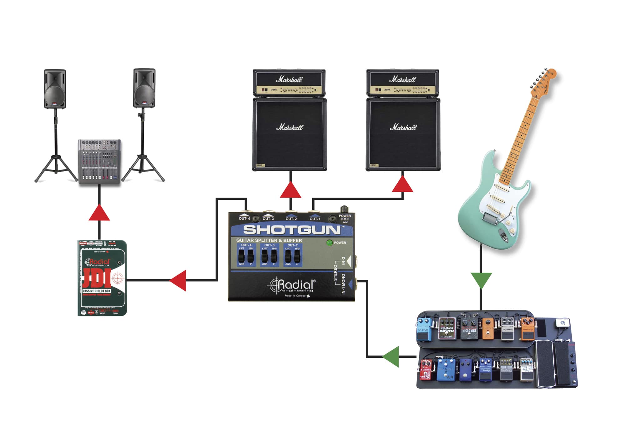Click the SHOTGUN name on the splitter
292,230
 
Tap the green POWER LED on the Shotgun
329,243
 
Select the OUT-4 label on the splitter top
244,219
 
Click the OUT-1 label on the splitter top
315,219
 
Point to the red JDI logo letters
97,278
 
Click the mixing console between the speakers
99,162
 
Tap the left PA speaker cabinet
55,89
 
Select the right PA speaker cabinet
144,88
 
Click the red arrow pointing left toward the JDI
179,280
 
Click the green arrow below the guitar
481,279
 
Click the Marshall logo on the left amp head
289,79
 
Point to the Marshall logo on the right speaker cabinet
403,127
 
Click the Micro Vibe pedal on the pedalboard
469,329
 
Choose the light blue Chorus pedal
424,329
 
